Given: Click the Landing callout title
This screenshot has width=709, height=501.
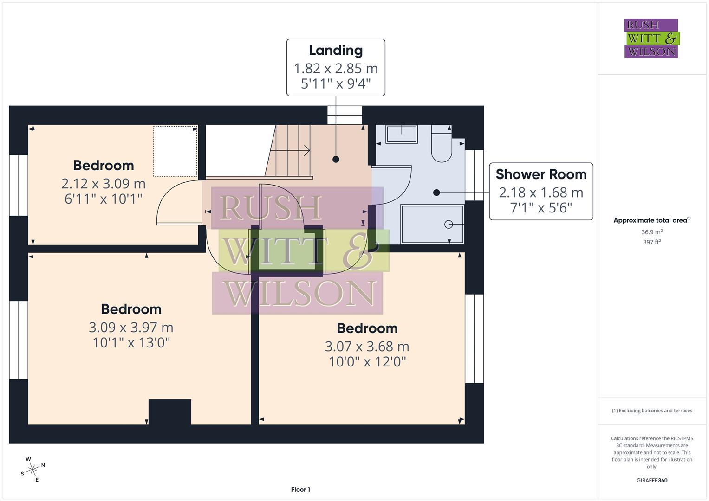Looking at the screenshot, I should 335,50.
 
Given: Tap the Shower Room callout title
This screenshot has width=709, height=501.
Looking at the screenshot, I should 541,174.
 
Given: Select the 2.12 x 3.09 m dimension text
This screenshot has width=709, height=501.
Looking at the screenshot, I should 104,184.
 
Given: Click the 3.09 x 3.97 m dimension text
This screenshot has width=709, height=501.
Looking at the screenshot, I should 131,328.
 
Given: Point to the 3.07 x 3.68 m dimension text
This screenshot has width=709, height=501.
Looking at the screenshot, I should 367,347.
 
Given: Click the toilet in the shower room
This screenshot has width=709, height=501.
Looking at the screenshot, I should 442,145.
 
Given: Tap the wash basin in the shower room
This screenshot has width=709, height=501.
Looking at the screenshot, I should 402,135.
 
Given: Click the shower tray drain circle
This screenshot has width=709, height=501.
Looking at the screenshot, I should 449,225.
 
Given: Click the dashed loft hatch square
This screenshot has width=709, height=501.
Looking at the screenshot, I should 175,151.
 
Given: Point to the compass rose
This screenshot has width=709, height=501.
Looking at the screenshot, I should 32,469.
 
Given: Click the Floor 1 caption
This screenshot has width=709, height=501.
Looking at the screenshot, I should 300,489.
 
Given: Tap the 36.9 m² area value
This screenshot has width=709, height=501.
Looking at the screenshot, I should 652,232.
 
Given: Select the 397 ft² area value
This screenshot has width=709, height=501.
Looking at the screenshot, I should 652,242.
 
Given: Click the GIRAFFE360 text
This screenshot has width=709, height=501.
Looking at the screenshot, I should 652,481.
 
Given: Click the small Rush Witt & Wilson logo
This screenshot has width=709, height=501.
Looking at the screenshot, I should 651,39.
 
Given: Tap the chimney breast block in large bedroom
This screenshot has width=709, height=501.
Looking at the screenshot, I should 169,412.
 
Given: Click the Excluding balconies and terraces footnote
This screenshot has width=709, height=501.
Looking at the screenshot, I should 652,411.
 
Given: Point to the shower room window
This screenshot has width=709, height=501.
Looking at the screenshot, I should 474,175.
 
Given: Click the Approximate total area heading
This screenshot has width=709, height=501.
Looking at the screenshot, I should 651,220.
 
